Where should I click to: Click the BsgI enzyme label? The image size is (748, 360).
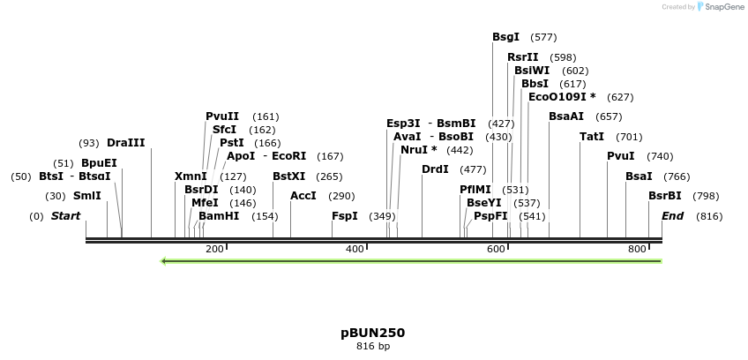pos(505,37)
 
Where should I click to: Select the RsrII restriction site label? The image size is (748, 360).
pos(522,57)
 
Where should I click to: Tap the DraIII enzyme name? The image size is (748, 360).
pos(125,143)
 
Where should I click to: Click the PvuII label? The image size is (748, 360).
pos(222,116)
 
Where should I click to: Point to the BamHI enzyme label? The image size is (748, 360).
pos(219,216)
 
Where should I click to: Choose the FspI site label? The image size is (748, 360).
pos(345,216)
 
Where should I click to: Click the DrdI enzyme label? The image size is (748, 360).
pos(435,169)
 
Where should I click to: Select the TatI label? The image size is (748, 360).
pos(592,137)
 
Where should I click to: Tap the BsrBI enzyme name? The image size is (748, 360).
pos(665,196)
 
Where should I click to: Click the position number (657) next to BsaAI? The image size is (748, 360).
pos(609,116)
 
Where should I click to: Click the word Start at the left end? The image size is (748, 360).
pos(65,216)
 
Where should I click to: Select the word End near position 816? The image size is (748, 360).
pos(672,216)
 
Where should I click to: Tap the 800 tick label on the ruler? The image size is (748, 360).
pos(637,250)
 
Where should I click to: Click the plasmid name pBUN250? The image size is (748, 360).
pos(373,333)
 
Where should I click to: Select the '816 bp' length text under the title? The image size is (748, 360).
pos(373,347)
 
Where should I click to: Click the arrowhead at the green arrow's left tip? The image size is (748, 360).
pos(163,261)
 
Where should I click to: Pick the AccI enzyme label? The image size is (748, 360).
pos(303,196)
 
